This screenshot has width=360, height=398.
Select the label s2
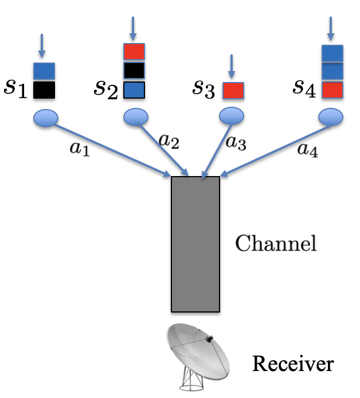pyautogui.click(x=107, y=88)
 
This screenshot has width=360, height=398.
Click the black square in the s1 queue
pyautogui.click(x=44, y=89)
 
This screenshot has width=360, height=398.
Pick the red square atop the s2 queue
pyautogui.click(x=134, y=52)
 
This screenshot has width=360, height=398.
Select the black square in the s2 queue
pyautogui.click(x=134, y=71)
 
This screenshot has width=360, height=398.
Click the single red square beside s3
pyautogui.click(x=233, y=90)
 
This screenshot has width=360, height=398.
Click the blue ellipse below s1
pyautogui.click(x=45, y=118)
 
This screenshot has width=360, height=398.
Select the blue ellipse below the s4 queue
pyautogui.click(x=331, y=117)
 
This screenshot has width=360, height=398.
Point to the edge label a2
pyautogui.click(x=168, y=141)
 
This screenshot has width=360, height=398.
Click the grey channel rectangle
pyautogui.click(x=195, y=244)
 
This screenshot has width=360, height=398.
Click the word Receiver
pyautogui.click(x=293, y=364)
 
